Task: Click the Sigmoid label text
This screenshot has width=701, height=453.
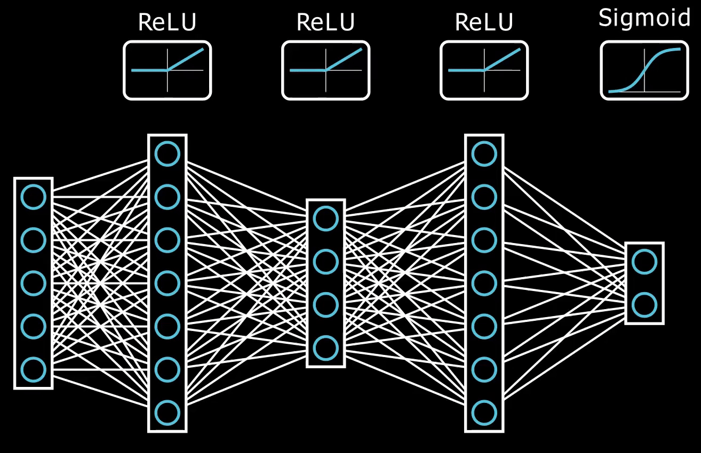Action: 644,19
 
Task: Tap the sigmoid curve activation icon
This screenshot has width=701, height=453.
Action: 644,70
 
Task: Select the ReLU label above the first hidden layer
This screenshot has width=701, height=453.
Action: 167,22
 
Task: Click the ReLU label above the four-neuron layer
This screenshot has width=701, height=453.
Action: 325,22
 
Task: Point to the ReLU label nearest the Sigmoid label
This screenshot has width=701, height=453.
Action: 484,22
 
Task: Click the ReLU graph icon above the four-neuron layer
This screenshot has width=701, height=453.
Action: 325,70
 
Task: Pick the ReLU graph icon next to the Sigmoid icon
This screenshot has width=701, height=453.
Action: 484,70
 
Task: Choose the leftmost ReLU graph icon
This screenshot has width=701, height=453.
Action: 167,70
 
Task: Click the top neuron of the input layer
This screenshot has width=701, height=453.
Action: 33,197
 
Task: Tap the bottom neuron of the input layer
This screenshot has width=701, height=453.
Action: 33,369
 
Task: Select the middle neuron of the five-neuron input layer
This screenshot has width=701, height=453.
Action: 33,283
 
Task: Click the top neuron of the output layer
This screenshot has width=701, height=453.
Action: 644,262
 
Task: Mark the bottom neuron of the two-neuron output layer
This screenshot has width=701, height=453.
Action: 644,305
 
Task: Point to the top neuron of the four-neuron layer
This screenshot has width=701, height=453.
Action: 325,219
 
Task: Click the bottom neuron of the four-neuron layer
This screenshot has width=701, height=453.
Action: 325,348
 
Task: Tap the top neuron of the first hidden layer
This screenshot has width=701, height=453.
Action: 167,154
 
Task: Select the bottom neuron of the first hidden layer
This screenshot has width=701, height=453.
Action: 167,412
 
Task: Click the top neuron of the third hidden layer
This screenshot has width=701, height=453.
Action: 484,154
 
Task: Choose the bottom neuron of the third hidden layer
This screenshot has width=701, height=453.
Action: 484,412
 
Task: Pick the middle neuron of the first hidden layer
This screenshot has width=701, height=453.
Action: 167,283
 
